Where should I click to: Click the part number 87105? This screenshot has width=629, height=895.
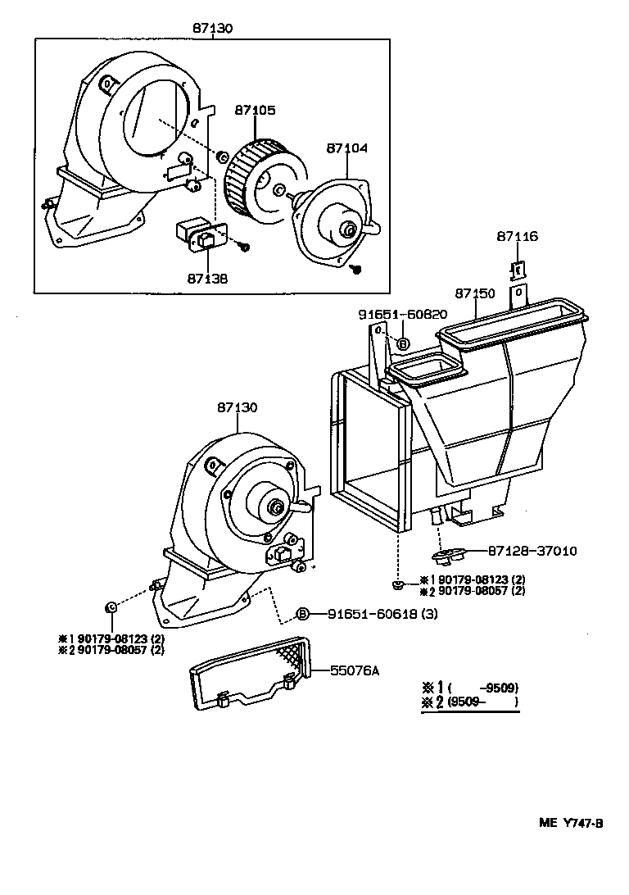(256, 110)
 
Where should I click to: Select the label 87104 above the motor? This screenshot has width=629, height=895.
(347, 148)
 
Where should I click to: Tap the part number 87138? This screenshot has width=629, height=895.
(207, 279)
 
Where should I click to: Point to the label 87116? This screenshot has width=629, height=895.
(517, 237)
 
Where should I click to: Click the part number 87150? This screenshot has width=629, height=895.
(476, 293)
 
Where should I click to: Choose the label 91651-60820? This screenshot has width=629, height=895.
(402, 314)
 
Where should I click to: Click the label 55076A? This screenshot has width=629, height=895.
(355, 670)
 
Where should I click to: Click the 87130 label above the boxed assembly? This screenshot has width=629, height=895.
(213, 28)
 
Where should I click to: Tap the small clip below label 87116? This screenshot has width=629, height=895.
(518, 270)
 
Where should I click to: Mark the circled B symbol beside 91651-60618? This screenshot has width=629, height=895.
(302, 615)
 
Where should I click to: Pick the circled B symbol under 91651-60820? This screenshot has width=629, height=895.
(404, 344)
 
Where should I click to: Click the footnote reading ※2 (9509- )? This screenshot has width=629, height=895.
(470, 702)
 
